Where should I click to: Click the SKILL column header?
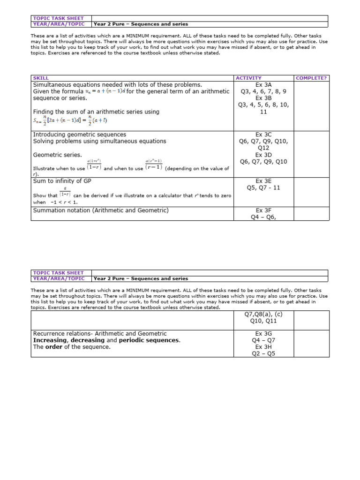[41, 78]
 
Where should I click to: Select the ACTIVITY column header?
[248, 78]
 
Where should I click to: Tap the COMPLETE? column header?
[311, 78]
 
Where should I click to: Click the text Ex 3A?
[263, 85]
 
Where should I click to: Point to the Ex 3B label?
[263, 98]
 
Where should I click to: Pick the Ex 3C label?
[263, 135]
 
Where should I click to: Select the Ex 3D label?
[263, 155]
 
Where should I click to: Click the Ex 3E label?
[263, 181]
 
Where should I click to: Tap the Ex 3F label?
[263, 210]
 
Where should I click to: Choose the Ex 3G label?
[263, 333]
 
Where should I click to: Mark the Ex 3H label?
[263, 347]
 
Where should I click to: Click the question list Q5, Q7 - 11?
[263, 188]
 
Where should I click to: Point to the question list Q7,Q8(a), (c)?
[263, 315]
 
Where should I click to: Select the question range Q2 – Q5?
[263, 353]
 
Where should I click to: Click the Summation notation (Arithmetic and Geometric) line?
[101, 210]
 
